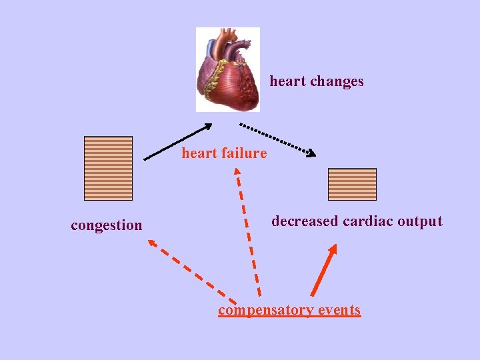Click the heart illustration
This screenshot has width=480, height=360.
227,69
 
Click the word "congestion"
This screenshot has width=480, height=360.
107,225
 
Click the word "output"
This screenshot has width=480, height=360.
420,221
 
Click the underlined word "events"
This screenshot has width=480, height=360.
339,310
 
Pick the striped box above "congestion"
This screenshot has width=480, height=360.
108,168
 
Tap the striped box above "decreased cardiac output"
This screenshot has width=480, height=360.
352,184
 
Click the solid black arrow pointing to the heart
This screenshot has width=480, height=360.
177,142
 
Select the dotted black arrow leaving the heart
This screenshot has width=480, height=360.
277,139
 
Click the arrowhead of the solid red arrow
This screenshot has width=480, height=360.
333,249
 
